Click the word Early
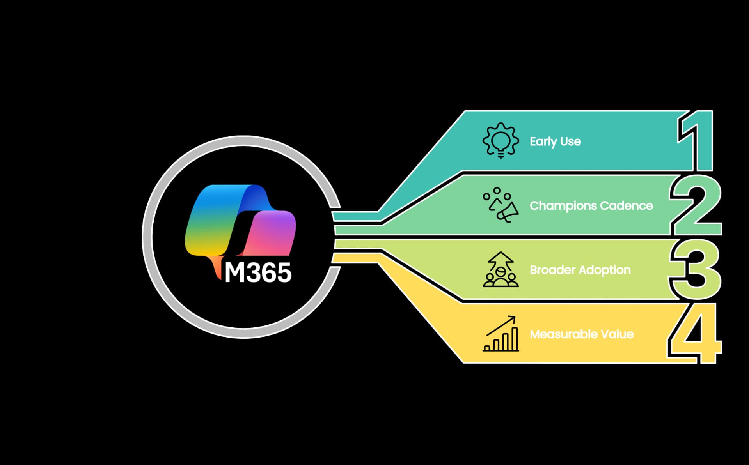pyautogui.click(x=543, y=141)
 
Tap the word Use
pyautogui.click(x=571, y=141)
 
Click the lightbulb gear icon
pyautogui.click(x=501, y=141)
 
